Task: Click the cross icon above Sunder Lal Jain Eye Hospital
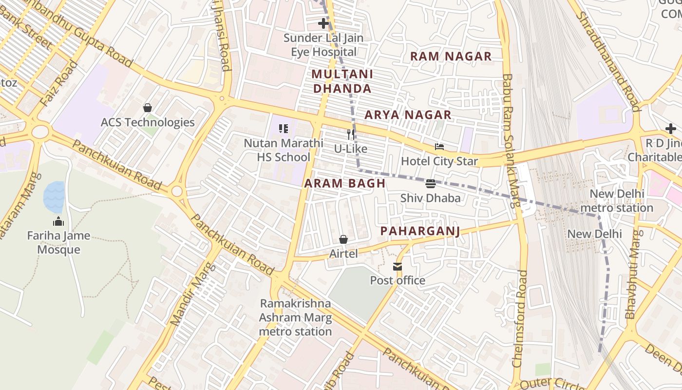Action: tap(323, 23)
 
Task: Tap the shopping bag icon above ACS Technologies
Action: tap(148, 107)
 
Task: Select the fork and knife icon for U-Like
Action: tap(351, 134)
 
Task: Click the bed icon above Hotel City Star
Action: tap(439, 146)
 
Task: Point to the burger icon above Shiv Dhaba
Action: tap(430, 184)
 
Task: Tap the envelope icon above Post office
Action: tap(398, 266)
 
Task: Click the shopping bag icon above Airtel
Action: tap(343, 239)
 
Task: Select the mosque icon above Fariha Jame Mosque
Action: tap(58, 221)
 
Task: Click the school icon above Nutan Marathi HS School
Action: tap(283, 129)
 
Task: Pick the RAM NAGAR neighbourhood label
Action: tap(451, 57)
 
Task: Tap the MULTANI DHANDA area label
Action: tap(342, 81)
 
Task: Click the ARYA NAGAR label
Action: tap(408, 115)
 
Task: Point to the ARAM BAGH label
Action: tap(345, 184)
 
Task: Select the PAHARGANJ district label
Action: tap(420, 231)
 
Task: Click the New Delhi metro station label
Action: tap(621, 201)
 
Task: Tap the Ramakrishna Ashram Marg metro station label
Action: tap(295, 317)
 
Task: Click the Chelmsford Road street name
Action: tap(519, 319)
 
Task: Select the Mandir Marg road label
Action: tap(192, 294)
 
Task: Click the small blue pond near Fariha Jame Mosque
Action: tap(54, 196)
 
